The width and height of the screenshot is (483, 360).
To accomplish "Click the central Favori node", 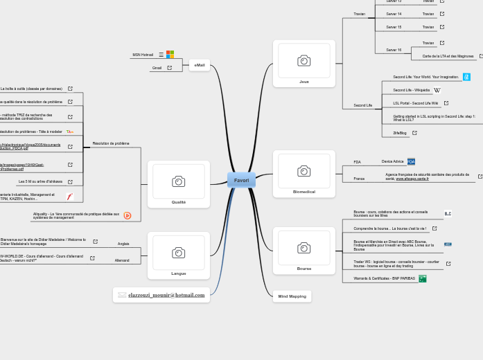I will [241, 180].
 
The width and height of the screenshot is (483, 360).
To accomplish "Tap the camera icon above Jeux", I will [304, 61].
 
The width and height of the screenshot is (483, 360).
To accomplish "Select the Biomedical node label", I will [304, 192].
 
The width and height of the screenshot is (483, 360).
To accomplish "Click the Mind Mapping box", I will [292, 296].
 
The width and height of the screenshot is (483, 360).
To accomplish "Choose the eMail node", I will [200, 65].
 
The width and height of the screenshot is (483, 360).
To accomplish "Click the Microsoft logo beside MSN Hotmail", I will [170, 54].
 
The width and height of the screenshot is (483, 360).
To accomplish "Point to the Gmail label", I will [157, 68].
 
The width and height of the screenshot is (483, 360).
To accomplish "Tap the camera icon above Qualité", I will [178, 181].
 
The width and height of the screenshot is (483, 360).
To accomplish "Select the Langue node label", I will [179, 273].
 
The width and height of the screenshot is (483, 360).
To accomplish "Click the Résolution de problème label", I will [111, 143].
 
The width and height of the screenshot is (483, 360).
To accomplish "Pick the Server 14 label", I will [394, 14].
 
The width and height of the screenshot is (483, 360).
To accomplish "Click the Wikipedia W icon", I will [437, 90].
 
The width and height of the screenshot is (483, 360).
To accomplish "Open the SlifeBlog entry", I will [400, 132].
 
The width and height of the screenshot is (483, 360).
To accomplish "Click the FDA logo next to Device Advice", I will [412, 161].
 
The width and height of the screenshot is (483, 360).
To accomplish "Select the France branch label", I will [359, 179].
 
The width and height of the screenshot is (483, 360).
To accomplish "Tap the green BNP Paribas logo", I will [423, 278].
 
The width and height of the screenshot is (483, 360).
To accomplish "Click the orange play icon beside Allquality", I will [128, 215].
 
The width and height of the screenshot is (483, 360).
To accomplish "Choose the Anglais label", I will [123, 244].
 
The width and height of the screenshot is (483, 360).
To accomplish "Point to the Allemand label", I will [122, 260].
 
